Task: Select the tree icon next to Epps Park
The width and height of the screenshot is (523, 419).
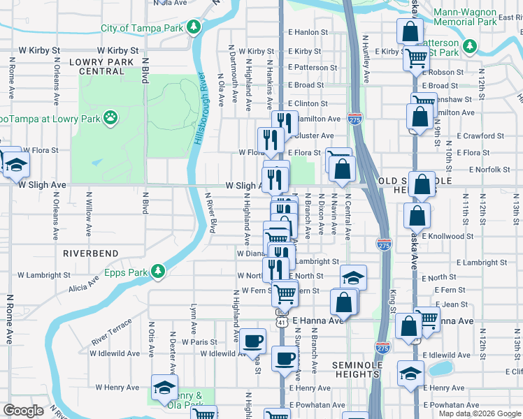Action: click(158, 271)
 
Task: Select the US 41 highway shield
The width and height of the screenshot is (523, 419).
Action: click(281, 321)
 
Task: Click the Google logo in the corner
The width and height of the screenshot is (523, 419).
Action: click(23, 411)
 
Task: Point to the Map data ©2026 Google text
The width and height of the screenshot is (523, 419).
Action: click(479, 413)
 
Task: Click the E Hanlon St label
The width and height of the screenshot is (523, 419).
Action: click(308, 33)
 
